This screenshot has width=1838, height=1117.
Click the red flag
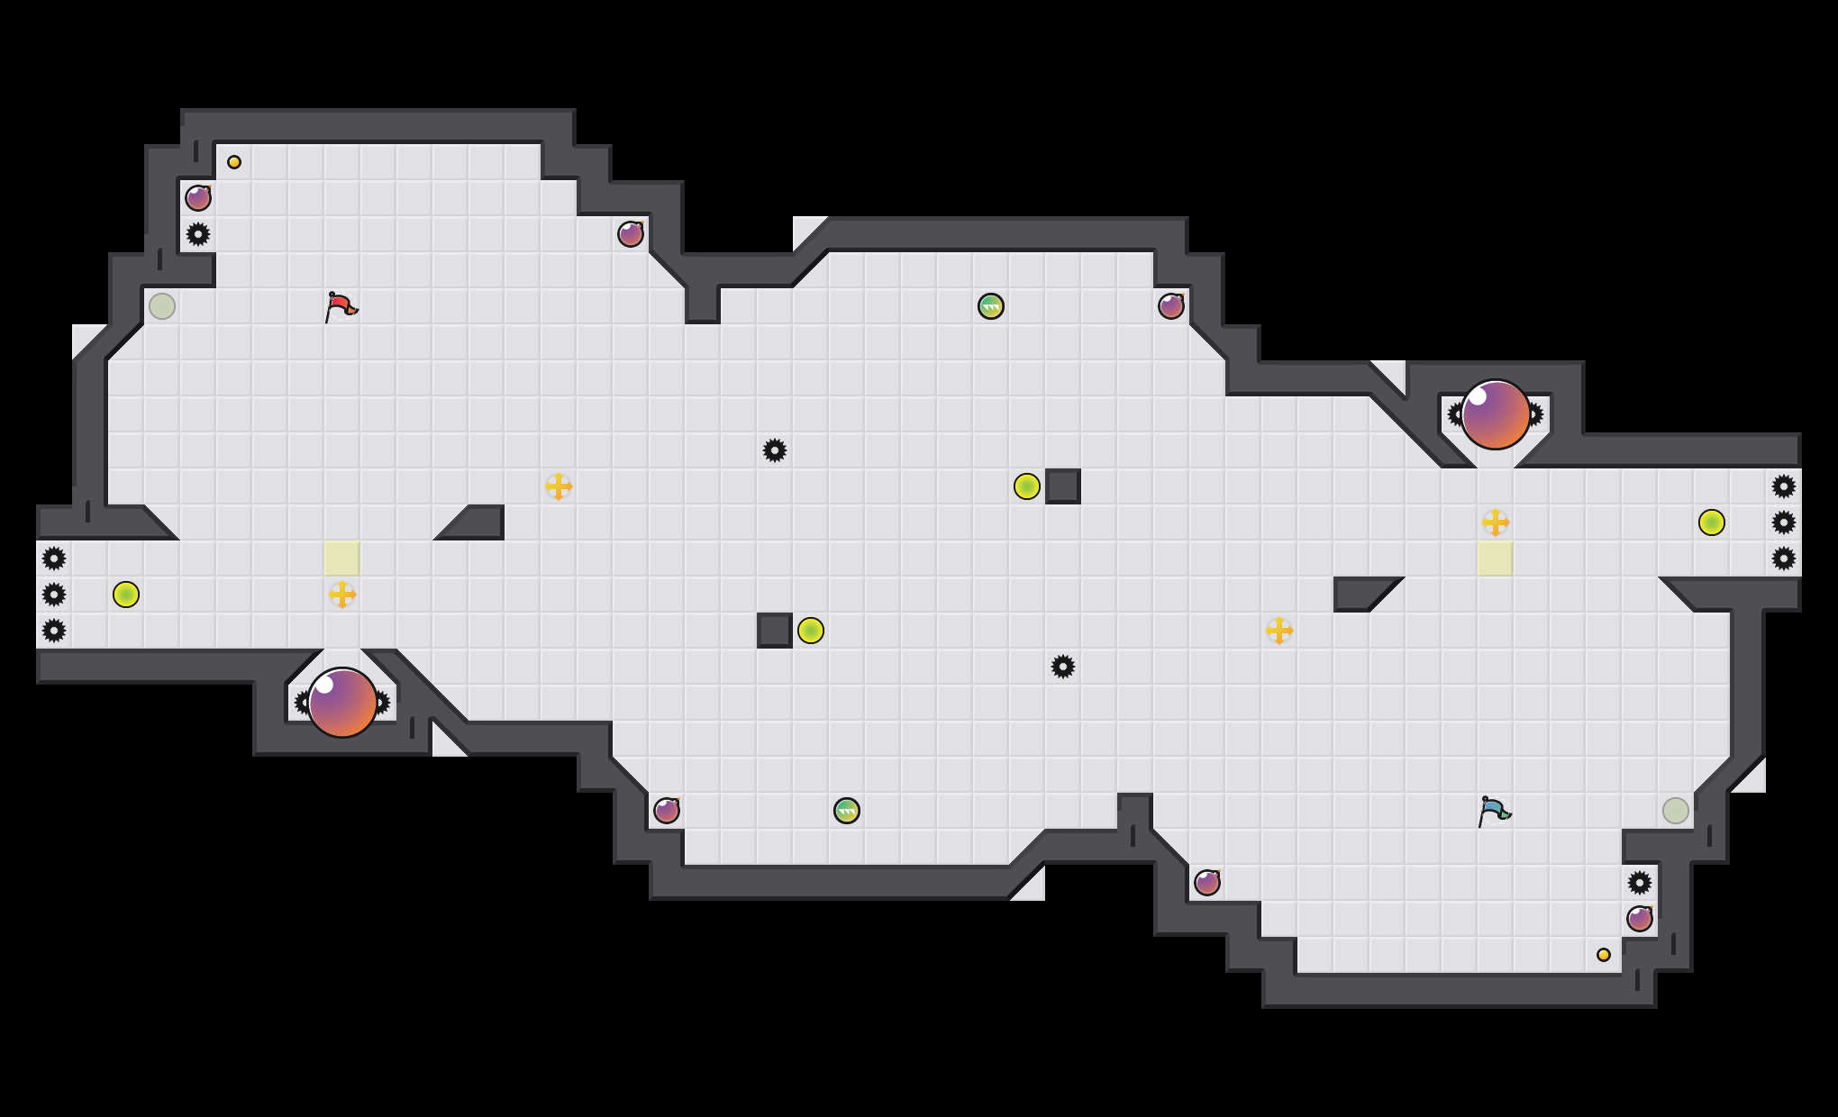(341, 306)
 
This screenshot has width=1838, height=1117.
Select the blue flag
(1494, 811)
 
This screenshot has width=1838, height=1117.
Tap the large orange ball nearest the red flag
(342, 703)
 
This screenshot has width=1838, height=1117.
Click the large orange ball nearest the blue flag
(1496, 414)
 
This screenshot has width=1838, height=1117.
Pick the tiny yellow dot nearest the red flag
(234, 162)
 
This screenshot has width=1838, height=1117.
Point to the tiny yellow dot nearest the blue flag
(1604, 955)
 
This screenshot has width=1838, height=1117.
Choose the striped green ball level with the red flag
(991, 306)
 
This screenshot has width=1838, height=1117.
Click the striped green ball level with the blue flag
(847, 811)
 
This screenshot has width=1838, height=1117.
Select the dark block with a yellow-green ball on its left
(1063, 486)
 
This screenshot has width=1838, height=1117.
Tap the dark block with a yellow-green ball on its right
(775, 631)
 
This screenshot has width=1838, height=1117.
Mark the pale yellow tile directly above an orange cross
(342, 558)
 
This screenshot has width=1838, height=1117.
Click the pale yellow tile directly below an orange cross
(1496, 558)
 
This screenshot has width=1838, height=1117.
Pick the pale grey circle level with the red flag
(162, 306)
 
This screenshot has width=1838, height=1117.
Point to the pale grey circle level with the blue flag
(1676, 811)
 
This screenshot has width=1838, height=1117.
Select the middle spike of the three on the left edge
(54, 595)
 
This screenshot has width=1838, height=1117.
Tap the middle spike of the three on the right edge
(1784, 522)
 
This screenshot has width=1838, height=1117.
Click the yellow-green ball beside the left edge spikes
(126, 595)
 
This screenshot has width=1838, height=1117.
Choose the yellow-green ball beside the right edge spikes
(1712, 522)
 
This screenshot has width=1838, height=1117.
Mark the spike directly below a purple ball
(198, 234)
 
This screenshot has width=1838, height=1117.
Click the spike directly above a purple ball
(1640, 883)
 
